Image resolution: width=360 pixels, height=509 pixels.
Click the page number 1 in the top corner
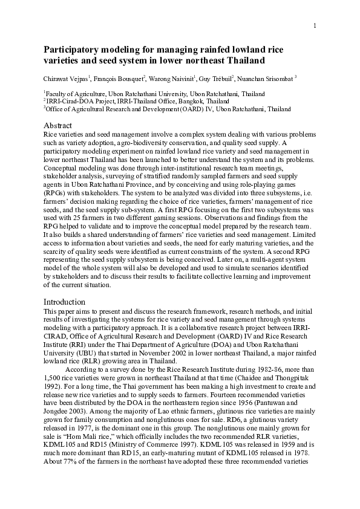(315, 25)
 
